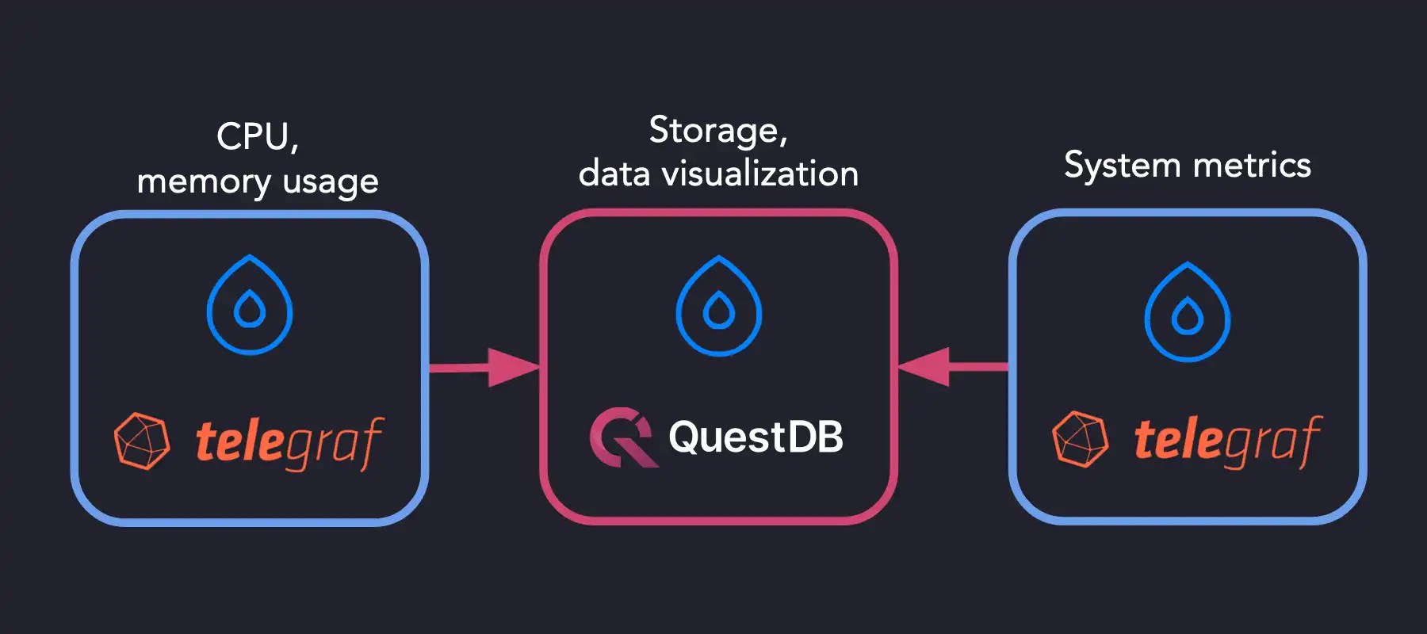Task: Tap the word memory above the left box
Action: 204,182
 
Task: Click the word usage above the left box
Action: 331,182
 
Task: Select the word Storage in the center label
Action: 713,131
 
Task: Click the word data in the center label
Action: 614,174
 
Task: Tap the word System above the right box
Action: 1122,166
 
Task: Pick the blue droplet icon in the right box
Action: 1187,312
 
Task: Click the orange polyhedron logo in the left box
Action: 142,441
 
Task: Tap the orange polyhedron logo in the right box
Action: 1080,439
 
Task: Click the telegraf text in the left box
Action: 289,442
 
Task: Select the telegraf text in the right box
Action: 1227,441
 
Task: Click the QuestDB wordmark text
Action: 756,437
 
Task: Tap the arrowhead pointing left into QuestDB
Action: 924,366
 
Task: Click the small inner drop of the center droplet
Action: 718,311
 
